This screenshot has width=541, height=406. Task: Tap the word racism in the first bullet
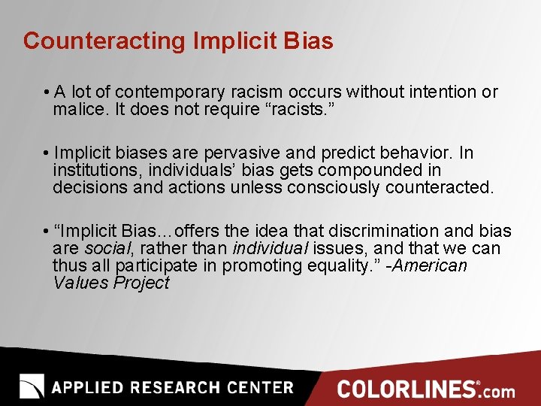click(256, 92)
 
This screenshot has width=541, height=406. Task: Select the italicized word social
click(105, 248)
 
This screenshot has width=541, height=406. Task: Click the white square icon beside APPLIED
click(32, 386)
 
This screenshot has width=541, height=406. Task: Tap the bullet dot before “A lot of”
click(47, 92)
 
